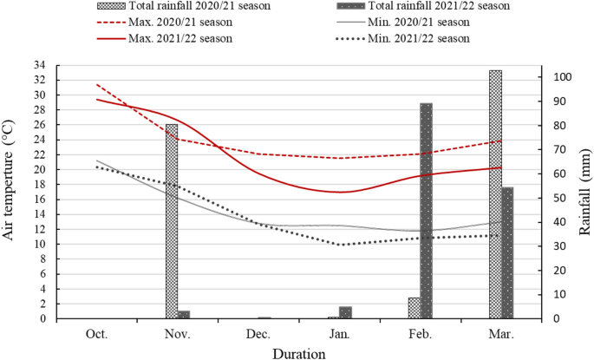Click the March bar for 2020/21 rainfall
point(495,194)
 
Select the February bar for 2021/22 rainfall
point(426,211)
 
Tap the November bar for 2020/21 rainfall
point(172,221)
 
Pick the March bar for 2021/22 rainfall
point(507,252)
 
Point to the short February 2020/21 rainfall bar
point(414,308)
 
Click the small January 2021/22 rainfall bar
point(345,312)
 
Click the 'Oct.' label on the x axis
point(96,334)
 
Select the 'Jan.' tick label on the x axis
point(339,334)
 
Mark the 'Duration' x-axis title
point(298,352)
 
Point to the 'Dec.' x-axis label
point(258,334)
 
